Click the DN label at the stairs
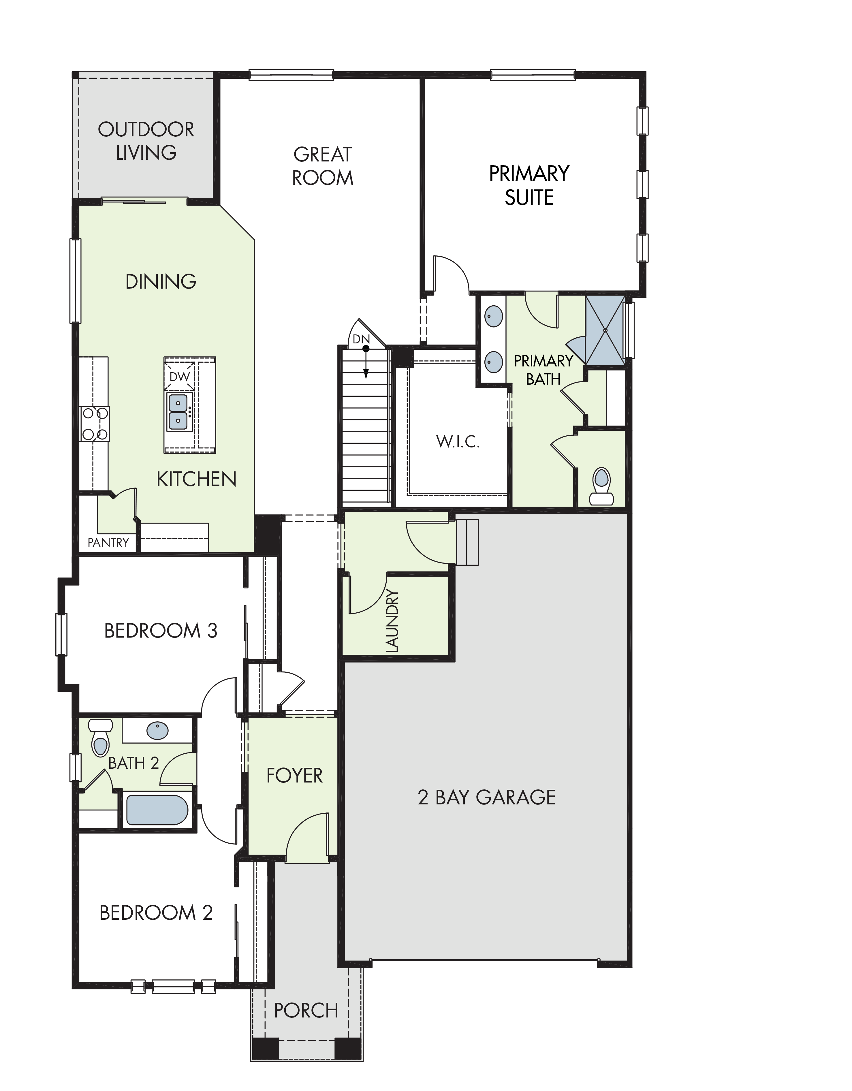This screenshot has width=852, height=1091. (361, 339)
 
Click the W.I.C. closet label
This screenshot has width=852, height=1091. (458, 442)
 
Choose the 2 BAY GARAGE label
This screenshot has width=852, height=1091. (486, 797)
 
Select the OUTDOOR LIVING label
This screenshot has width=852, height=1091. (146, 141)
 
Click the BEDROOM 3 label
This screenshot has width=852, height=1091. (161, 631)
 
